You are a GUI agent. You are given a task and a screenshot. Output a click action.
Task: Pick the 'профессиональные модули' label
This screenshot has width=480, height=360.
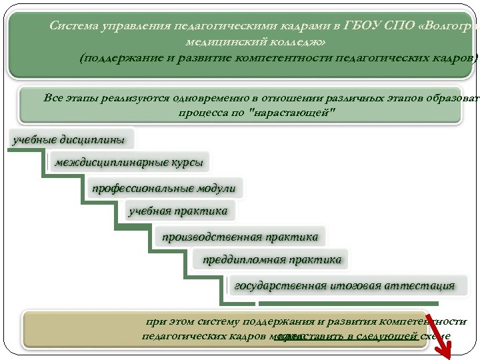(x=164, y=188)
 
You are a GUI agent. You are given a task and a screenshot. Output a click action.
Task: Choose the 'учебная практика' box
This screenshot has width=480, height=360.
(x=178, y=211)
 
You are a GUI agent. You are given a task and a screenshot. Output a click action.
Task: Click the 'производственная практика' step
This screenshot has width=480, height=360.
(x=241, y=236)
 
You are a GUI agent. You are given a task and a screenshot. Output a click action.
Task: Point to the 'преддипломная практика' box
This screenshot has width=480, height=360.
(x=272, y=259)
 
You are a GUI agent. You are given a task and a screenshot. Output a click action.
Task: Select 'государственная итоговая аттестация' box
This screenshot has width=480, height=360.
(x=344, y=285)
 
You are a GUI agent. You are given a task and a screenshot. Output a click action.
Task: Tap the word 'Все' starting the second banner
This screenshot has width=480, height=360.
(x=54, y=99)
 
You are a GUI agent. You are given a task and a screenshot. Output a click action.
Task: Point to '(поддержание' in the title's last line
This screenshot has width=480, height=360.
(x=117, y=58)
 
